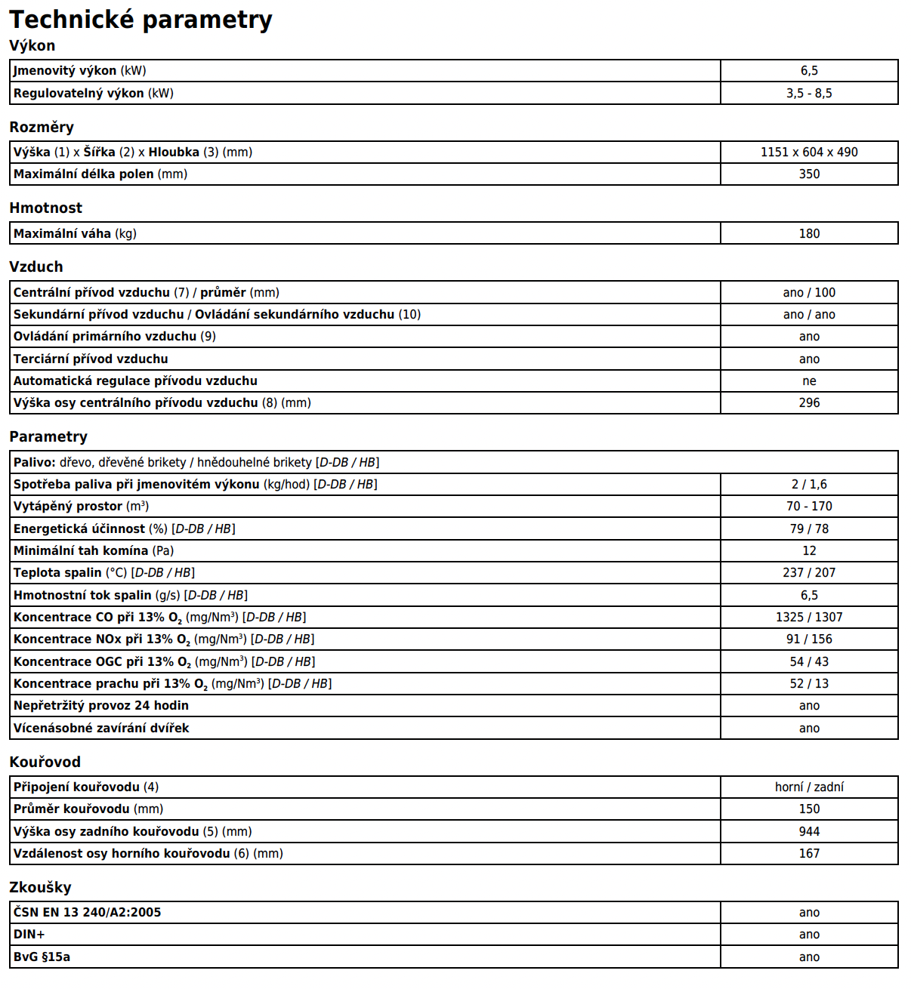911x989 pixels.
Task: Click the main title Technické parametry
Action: [141, 20]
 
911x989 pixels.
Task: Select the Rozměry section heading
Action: [42, 127]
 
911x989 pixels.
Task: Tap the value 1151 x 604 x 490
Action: [809, 152]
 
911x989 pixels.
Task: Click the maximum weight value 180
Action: [809, 233]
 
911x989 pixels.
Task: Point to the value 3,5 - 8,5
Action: [809, 93]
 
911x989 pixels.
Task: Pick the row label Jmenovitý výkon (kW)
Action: [79, 70]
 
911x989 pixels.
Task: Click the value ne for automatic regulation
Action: [809, 381]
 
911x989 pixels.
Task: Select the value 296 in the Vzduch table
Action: [809, 402]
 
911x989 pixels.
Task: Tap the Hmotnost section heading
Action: [45, 208]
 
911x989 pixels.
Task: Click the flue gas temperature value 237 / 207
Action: [809, 572]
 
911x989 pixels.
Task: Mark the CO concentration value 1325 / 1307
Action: [809, 617]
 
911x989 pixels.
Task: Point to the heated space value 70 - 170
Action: [809, 506]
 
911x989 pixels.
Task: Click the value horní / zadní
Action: [809, 787]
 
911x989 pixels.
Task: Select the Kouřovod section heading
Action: [45, 762]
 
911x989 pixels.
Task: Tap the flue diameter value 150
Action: [809, 809]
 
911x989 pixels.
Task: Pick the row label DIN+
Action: [29, 934]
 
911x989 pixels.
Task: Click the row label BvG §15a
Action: [42, 957]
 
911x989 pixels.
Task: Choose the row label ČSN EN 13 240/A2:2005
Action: [87, 912]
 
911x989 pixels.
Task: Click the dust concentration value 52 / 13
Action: [809, 683]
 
